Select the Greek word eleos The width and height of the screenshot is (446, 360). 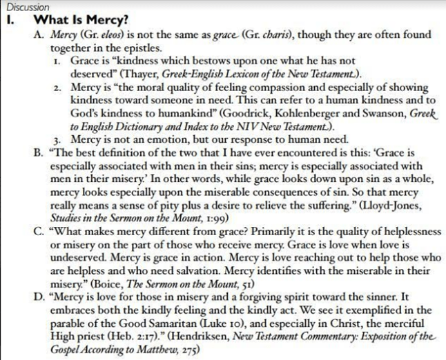click(112, 34)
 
